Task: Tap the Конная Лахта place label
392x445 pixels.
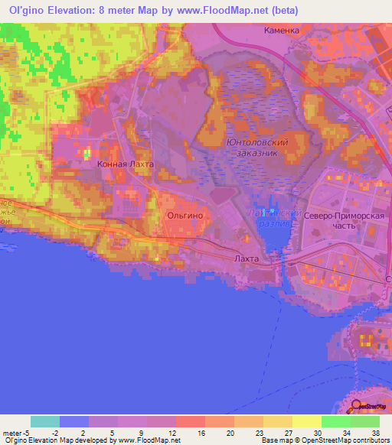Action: pos(126,164)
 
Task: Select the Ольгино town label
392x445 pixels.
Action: pos(185,216)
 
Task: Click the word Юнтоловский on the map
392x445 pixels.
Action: pos(257,142)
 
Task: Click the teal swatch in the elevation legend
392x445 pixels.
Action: pos(45,421)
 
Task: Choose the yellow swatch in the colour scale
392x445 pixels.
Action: pos(306,421)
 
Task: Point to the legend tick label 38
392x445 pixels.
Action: pos(375,432)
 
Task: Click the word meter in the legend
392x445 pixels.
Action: pos(12,432)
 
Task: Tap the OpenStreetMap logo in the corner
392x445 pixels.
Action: pos(371,407)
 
